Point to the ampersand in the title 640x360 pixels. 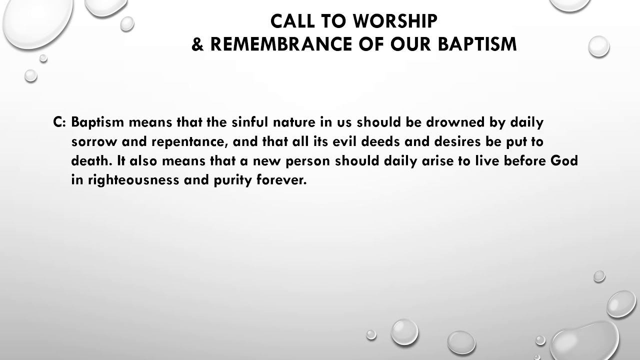[198, 44]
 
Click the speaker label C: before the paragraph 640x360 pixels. [59, 122]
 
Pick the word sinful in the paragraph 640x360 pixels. [250, 122]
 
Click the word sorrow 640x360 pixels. [94, 142]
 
